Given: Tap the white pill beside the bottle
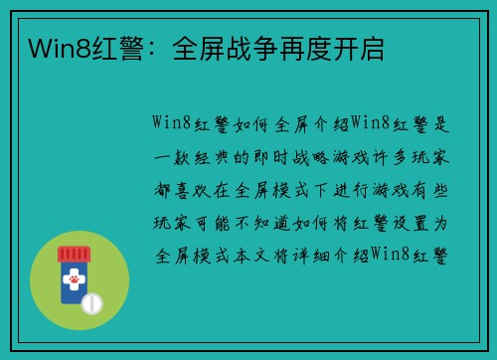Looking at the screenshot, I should pyautogui.click(x=91, y=301).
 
